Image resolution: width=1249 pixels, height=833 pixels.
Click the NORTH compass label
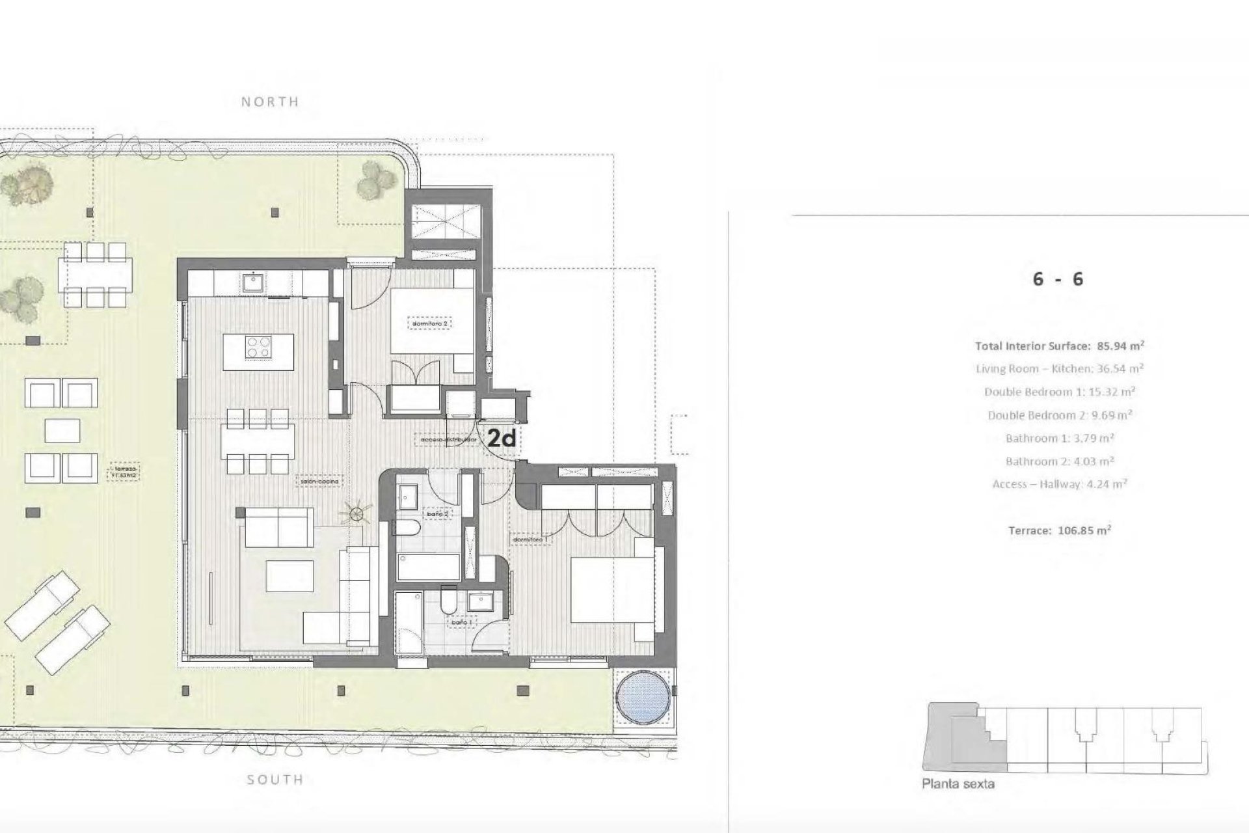(270, 102)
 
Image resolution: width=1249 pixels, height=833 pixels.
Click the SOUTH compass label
(275, 780)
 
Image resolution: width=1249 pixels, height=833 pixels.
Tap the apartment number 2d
(502, 439)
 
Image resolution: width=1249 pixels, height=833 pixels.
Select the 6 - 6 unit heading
(1058, 279)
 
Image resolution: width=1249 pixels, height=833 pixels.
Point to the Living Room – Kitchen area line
(1059, 369)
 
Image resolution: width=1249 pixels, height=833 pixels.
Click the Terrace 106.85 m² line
(1059, 530)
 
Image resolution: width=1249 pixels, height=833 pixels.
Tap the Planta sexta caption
(958, 784)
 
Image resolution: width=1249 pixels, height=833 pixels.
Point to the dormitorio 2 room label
(429, 323)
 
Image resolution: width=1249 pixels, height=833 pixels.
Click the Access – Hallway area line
(1059, 484)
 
